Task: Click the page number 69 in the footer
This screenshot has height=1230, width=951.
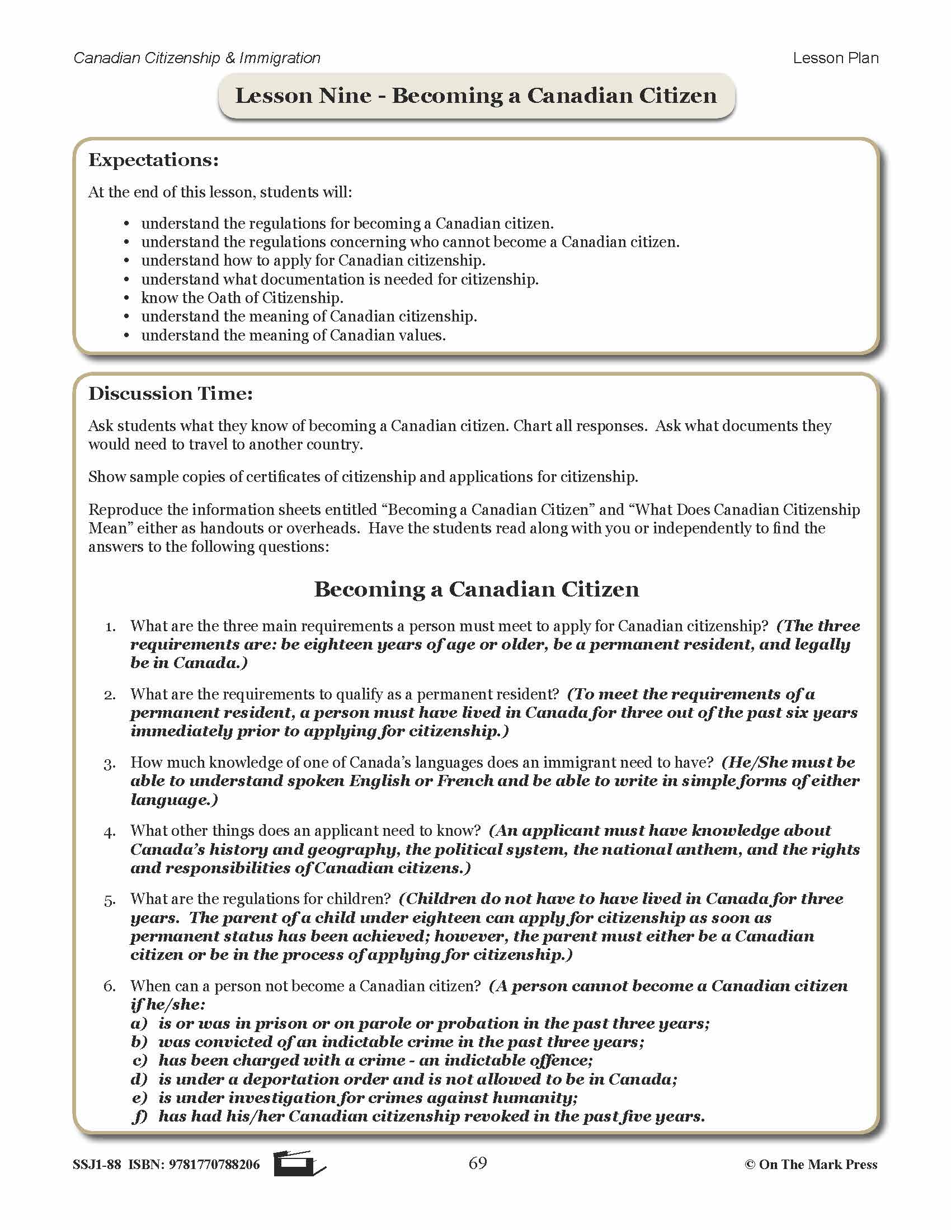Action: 477,1163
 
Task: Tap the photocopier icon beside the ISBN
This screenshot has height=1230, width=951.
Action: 299,1163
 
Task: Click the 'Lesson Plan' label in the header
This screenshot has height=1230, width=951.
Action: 835,58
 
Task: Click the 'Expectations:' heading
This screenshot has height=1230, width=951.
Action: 153,160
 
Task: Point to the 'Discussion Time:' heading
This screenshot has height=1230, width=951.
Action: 171,393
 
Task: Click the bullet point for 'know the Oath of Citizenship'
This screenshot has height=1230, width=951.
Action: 127,298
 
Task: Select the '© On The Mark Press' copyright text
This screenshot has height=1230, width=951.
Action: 811,1165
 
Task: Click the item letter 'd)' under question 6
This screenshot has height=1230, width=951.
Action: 139,1079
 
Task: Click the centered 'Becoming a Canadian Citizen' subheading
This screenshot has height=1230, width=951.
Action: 476,589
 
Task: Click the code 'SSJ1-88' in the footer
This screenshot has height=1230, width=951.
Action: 97,1165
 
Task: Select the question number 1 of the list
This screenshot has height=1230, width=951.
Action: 110,627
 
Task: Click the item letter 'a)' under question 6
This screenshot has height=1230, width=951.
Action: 139,1023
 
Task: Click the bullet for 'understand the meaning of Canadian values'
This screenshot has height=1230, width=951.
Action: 127,335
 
